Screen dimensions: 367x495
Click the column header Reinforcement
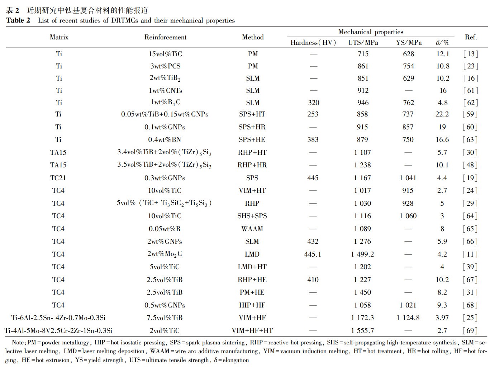point(165,37)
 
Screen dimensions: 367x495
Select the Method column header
point(253,37)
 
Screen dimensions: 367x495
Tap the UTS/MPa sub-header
point(363,43)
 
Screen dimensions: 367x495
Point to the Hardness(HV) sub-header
point(313,43)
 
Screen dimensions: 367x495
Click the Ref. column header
point(471,37)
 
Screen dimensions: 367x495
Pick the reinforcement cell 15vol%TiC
point(165,54)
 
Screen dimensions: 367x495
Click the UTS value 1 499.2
point(362,254)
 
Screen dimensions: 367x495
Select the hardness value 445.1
point(313,254)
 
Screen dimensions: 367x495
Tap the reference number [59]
point(470,114)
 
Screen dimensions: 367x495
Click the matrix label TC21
point(58,178)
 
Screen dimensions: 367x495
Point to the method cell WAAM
point(252,229)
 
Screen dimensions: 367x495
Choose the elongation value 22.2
point(442,114)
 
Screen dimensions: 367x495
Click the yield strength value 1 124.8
point(408,318)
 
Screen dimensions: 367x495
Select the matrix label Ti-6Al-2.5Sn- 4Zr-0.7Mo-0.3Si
point(58,318)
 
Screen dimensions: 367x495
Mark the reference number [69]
point(470,330)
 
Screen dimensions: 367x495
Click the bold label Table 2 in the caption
point(18,20)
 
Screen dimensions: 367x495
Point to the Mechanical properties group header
point(371,32)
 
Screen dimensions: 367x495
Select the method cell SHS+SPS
point(252,216)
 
